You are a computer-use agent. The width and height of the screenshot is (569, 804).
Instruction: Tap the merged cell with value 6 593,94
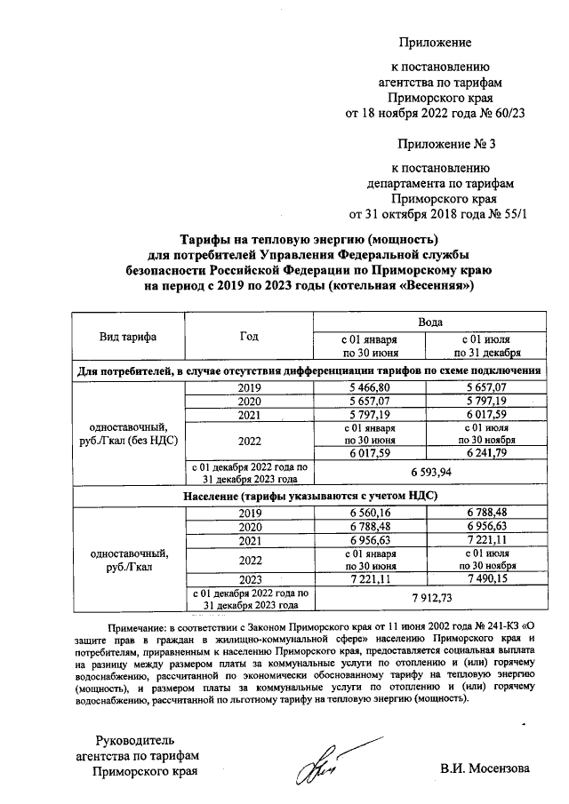click(x=422, y=470)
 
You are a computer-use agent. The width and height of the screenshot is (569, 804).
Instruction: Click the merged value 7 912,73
click(x=422, y=597)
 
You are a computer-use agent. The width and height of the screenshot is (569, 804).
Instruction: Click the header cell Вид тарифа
click(x=127, y=337)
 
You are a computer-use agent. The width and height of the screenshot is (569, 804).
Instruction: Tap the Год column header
click(x=249, y=337)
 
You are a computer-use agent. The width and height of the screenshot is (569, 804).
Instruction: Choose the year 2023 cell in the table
click(x=249, y=577)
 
